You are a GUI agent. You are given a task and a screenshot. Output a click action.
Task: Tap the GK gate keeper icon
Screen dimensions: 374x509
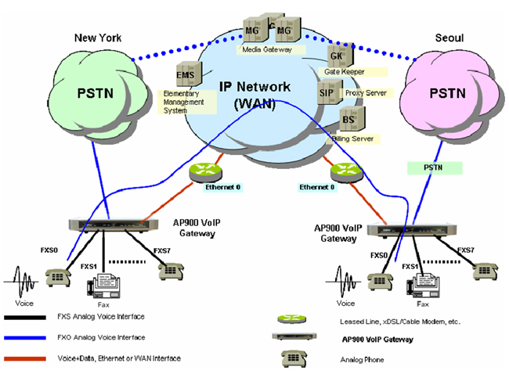pyautogui.click(x=337, y=56)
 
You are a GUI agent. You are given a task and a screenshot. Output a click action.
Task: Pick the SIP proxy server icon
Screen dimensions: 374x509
pyautogui.click(x=328, y=93)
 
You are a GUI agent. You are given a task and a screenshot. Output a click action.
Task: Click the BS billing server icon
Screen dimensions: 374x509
pyautogui.click(x=350, y=120)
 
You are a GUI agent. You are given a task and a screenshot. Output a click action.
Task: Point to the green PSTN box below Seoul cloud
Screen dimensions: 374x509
pyautogui.click(x=435, y=167)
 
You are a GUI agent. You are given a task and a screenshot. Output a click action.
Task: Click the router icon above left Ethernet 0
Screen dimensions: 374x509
pyautogui.click(x=208, y=171)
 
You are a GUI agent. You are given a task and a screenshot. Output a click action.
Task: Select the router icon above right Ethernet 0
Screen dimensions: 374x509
pyautogui.click(x=345, y=171)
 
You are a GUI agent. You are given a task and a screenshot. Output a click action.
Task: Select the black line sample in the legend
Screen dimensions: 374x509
pyautogui.click(x=32, y=318)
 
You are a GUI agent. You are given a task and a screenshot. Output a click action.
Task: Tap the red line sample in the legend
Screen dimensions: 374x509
pyautogui.click(x=32, y=358)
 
